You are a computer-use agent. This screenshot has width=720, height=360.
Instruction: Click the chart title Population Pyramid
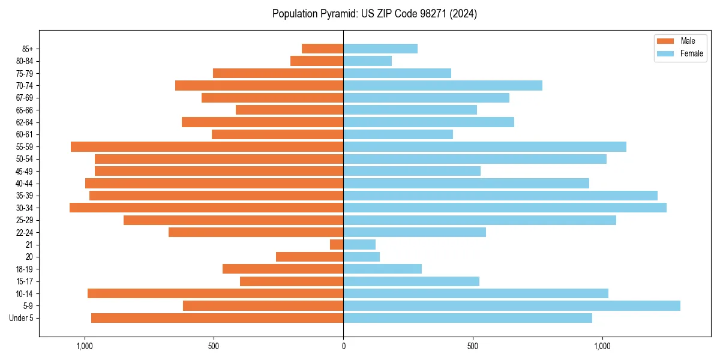(x=374, y=14)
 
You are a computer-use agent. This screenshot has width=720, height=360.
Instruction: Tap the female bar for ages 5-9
(x=511, y=305)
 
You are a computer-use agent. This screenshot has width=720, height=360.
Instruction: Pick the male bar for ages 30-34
(x=206, y=208)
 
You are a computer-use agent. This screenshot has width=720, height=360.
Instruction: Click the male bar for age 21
(x=337, y=244)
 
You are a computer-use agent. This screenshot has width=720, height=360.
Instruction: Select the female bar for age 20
(x=361, y=257)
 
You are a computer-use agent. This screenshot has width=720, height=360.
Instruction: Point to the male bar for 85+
(x=322, y=49)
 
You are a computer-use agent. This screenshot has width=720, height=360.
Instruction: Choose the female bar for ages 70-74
(x=442, y=85)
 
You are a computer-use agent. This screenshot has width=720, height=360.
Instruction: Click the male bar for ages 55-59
(x=207, y=146)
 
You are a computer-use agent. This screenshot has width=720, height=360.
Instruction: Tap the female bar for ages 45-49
(x=412, y=171)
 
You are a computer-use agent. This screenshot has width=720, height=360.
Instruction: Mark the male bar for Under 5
(x=217, y=318)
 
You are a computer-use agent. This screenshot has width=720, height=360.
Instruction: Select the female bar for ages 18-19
(x=382, y=269)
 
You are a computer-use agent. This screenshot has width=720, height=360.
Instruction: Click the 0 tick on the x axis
(x=343, y=346)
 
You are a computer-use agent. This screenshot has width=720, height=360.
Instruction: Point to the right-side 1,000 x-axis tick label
(x=602, y=346)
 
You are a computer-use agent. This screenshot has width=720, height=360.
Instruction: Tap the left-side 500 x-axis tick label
(x=214, y=346)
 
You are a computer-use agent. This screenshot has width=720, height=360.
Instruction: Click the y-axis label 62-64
(x=24, y=122)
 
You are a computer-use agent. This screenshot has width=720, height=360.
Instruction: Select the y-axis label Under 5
(x=22, y=318)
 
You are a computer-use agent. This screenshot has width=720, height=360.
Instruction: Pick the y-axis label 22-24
(x=24, y=232)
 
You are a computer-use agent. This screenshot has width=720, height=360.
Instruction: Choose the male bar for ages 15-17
(x=292, y=281)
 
